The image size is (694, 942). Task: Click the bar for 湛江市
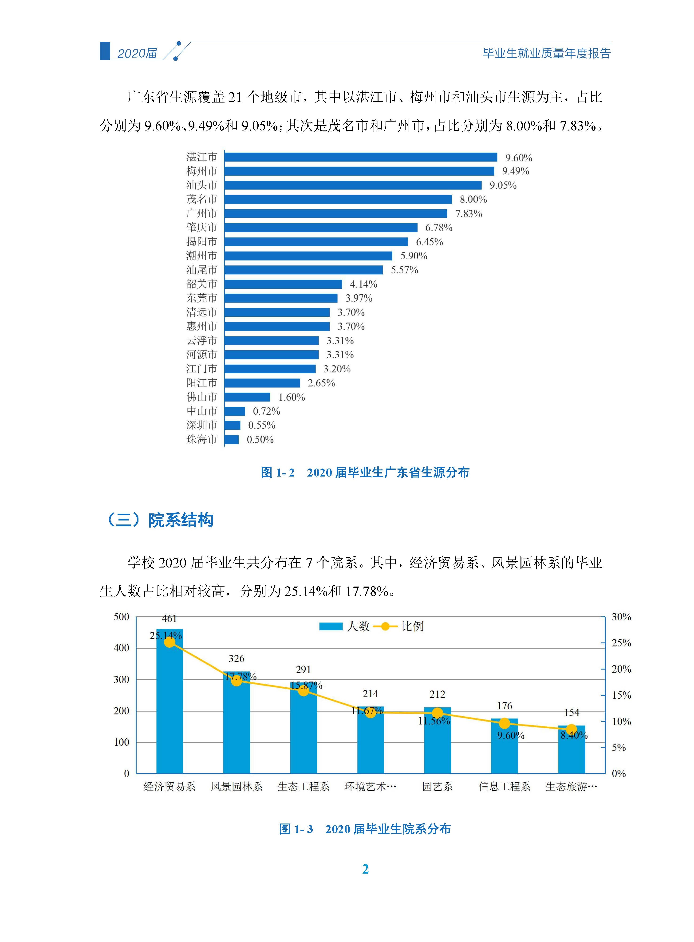pyautogui.click(x=360, y=157)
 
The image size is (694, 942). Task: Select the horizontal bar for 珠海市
pyautogui.click(x=232, y=439)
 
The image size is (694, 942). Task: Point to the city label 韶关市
pyautogui.click(x=202, y=284)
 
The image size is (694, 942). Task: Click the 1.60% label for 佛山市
pyautogui.click(x=292, y=397)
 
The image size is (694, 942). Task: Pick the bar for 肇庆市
pyautogui.click(x=321, y=228)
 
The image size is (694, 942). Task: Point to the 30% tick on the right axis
pyautogui.click(x=621, y=617)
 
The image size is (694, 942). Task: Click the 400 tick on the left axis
pyautogui.click(x=121, y=648)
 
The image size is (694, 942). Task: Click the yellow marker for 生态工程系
pyautogui.click(x=303, y=691)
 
